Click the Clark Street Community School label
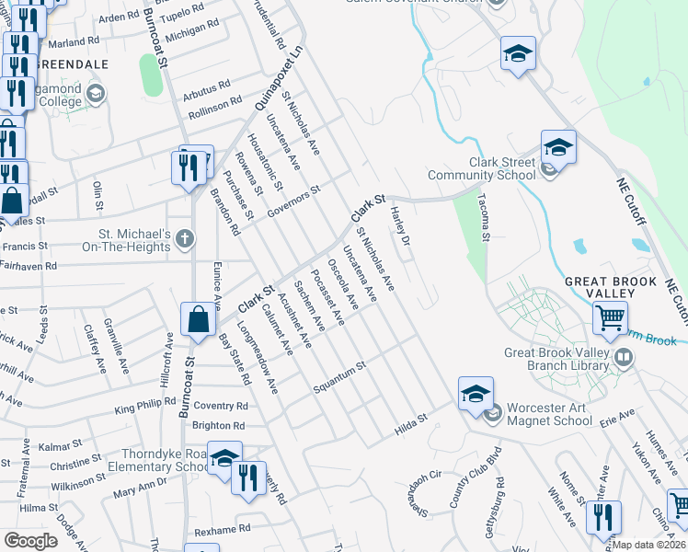pos(501,168)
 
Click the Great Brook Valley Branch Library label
pos(557,359)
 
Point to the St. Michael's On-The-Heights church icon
pos(185,240)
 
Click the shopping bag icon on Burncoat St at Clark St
pos(199,320)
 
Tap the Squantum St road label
pos(339,374)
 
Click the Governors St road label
pos(292,201)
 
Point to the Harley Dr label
pos(399,224)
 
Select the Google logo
pos(30,540)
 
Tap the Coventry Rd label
pos(221,406)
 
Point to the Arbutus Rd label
pos(206,90)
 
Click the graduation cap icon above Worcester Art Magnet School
pos(476,394)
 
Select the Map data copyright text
pos(648,545)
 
